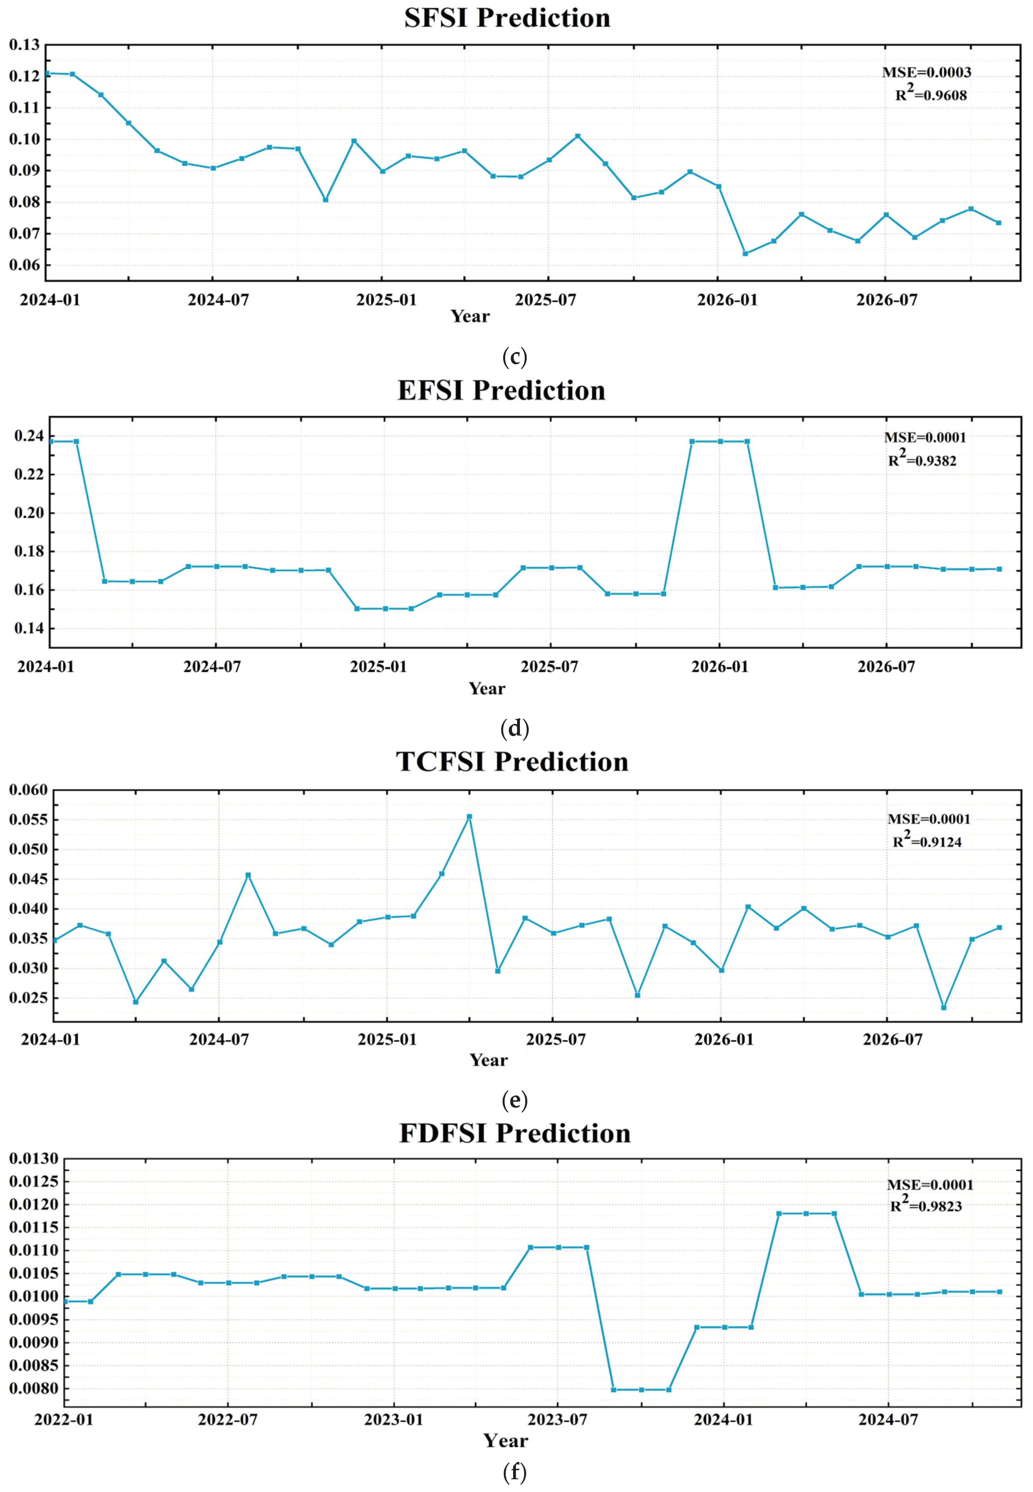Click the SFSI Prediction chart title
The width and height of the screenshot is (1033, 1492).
coord(507,18)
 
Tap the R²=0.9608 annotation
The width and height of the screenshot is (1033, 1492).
coord(931,95)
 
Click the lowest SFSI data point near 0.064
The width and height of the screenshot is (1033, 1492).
coord(745,254)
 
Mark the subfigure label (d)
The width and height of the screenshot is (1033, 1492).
coord(515,729)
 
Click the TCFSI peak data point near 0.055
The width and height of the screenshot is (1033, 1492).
coord(469,817)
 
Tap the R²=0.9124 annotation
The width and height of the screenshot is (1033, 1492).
coord(927,841)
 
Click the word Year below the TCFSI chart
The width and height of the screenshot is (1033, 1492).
coord(489,1060)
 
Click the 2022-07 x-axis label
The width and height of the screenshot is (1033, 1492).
coord(228,1419)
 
